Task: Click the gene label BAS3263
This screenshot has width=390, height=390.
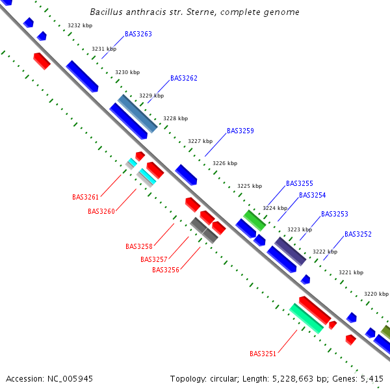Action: point(138,34)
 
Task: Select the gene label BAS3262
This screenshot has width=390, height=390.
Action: point(184,78)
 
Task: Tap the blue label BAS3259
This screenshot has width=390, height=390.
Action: point(240,131)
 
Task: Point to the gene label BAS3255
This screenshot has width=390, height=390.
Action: point(300,183)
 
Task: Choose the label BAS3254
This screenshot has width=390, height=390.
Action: point(313,195)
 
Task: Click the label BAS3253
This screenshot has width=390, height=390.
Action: point(335,214)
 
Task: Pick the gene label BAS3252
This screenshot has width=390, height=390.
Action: point(358,234)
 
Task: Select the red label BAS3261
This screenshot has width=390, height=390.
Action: point(86,197)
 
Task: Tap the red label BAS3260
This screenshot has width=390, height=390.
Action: point(101,211)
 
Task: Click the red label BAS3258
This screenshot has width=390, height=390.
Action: point(139,246)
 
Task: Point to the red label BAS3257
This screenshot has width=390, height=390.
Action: point(154,259)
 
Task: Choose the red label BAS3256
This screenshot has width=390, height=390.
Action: point(166,270)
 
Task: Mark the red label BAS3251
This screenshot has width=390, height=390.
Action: point(263,354)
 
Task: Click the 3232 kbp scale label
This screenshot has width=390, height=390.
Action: point(80,26)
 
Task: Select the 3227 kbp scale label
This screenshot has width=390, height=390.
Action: point(200,141)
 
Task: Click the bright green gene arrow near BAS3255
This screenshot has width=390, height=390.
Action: point(255,221)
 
